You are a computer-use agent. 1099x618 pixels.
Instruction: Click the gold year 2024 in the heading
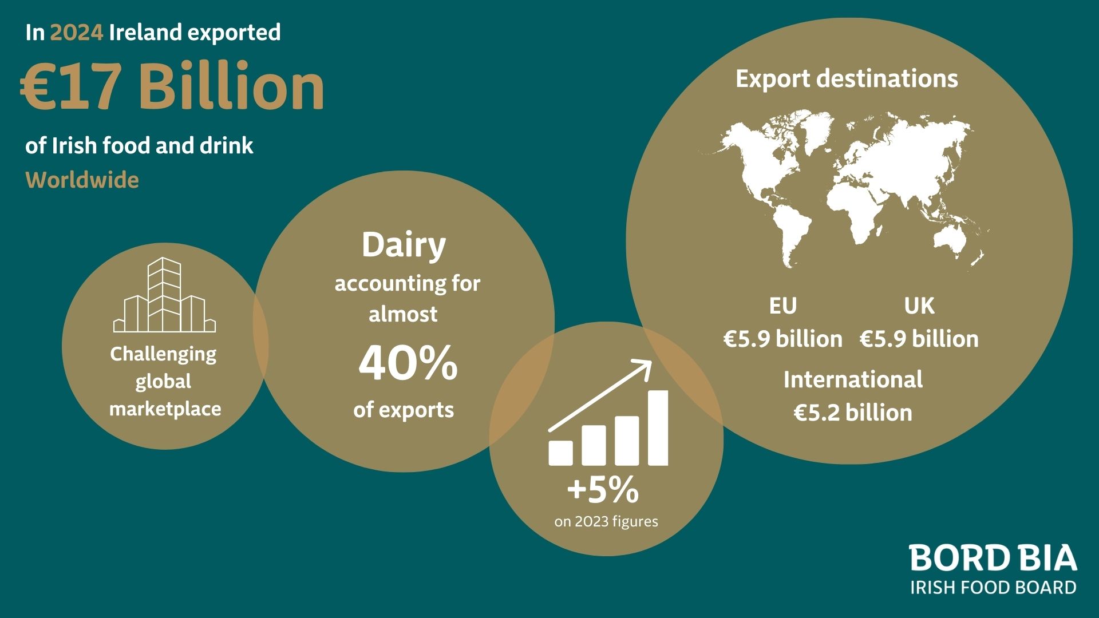click(77, 33)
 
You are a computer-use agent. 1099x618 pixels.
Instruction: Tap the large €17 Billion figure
click(172, 86)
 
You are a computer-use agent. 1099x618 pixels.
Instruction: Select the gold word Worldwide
click(82, 180)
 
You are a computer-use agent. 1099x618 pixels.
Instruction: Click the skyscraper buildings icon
click(164, 295)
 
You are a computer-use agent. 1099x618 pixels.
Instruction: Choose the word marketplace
click(165, 409)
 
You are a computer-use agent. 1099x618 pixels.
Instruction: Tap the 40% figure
click(408, 363)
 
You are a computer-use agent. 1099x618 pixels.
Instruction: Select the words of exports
click(404, 410)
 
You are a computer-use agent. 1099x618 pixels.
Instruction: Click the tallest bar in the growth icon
click(658, 428)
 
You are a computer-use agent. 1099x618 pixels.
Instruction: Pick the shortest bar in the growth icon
click(560, 453)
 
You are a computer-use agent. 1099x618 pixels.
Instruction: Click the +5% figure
click(603, 490)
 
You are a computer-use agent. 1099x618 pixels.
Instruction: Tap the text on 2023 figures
click(606, 522)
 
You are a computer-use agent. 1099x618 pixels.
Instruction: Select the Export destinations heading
click(847, 79)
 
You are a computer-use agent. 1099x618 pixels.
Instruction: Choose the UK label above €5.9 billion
click(919, 306)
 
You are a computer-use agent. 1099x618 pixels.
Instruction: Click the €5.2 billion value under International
click(853, 413)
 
